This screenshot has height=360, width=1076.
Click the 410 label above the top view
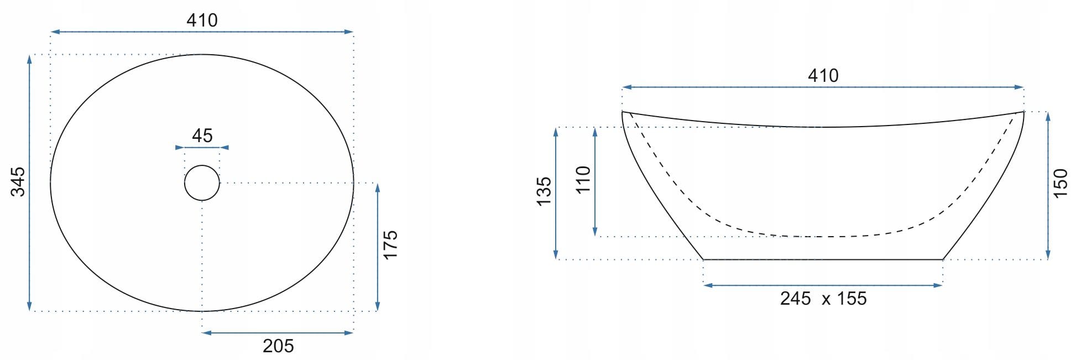(x=202, y=20)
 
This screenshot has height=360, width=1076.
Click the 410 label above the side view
(x=823, y=76)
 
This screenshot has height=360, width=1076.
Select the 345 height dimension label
(x=18, y=181)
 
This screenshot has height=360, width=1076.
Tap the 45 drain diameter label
(x=202, y=135)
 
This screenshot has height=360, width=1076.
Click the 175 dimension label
(x=390, y=244)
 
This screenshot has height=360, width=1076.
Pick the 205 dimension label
(x=278, y=346)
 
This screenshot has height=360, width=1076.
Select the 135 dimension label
(x=544, y=191)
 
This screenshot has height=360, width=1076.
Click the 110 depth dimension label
(x=583, y=180)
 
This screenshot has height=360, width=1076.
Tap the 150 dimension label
(x=1061, y=184)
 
